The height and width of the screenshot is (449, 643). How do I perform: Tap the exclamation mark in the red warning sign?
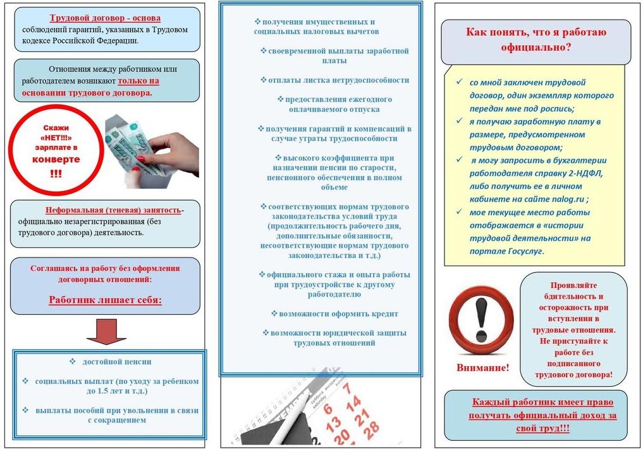(x=482, y=319)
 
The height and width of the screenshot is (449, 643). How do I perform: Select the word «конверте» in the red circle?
(x=56, y=159)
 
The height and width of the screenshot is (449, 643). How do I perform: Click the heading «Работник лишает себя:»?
(x=105, y=300)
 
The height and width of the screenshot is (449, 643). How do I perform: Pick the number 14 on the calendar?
(x=353, y=401)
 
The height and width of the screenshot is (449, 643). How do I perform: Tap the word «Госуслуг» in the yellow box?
(x=522, y=251)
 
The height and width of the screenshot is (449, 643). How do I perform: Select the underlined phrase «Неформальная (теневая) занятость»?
(x=113, y=210)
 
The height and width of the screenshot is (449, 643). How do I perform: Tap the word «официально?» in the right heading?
(x=536, y=47)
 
